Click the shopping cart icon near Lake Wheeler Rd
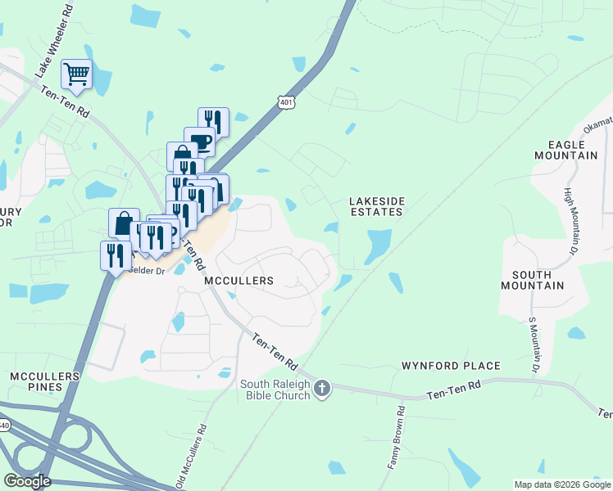click(76, 74)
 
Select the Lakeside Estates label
click(376, 205)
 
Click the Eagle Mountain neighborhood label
click(565, 149)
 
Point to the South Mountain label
click(533, 279)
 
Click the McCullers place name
click(238, 281)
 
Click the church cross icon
click(322, 388)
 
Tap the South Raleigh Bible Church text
click(275, 390)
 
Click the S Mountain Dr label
click(534, 346)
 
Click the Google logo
click(27, 480)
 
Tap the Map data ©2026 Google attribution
click(561, 484)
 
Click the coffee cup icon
click(200, 142)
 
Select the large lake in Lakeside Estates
click(377, 244)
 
